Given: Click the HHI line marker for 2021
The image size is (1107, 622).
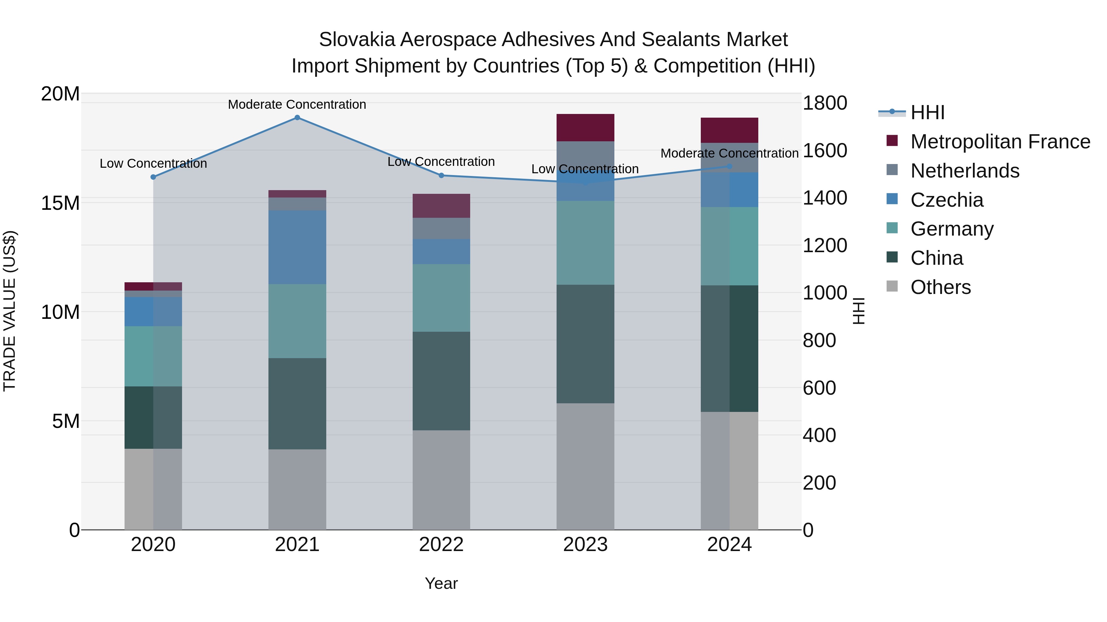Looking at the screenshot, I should point(297,118).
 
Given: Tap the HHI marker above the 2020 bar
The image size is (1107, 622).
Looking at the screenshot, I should point(153,177).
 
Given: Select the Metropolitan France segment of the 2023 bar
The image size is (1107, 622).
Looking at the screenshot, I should point(585,127).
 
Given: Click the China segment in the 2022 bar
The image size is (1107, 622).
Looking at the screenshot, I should point(441,381).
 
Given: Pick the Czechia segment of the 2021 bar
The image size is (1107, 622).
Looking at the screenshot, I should point(297,247).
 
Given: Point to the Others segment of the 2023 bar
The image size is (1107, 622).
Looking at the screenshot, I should point(585,466).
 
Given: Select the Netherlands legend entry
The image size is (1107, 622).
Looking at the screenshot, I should point(964,171).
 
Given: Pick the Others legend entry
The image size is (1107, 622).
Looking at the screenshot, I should point(940,287).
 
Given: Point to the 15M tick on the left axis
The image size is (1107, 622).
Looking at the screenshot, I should point(60,203).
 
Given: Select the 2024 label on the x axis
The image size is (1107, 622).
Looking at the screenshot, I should point(729,545).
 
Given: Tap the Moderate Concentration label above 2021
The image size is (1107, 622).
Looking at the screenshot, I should point(297,104).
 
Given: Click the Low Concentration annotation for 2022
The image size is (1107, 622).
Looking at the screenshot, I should point(441,162).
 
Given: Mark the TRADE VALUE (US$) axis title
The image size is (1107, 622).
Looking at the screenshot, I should point(10,311).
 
